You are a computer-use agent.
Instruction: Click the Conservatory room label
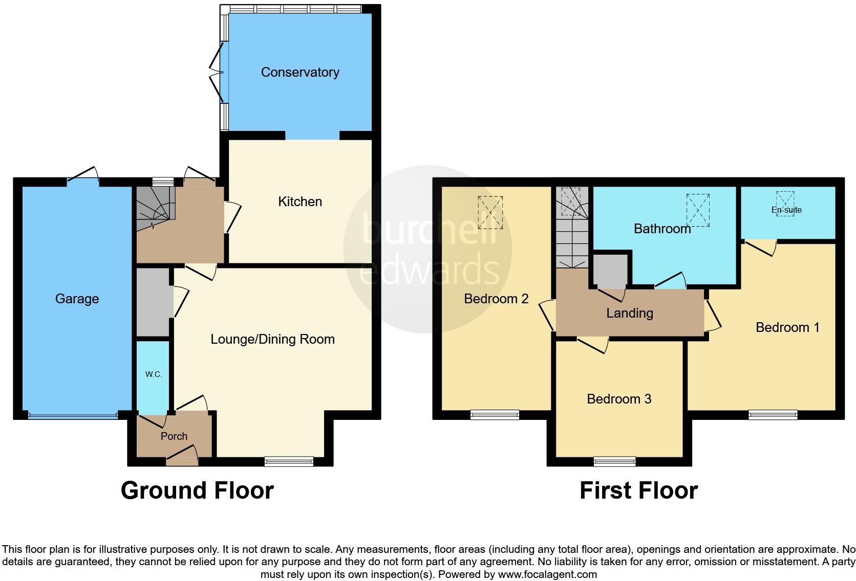(x=300, y=72)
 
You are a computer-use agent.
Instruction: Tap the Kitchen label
(x=300, y=202)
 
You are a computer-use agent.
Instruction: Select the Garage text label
(x=77, y=299)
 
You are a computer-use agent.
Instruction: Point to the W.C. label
(x=153, y=374)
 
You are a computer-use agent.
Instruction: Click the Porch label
(x=174, y=436)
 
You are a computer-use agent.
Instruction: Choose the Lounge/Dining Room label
(x=272, y=339)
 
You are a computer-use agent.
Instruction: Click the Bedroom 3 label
(x=619, y=399)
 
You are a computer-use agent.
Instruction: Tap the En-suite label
(x=786, y=210)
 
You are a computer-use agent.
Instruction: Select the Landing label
(x=630, y=313)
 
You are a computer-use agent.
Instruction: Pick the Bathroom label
(x=662, y=229)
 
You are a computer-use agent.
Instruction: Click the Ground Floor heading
(x=197, y=490)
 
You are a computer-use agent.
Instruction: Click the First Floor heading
(x=638, y=490)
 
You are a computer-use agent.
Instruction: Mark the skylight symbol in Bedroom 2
(x=490, y=212)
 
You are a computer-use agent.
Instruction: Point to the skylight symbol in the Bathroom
(x=698, y=210)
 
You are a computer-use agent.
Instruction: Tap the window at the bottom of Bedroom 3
(x=615, y=461)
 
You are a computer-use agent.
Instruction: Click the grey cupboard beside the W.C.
(x=152, y=302)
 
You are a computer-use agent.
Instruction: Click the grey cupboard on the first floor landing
(x=610, y=270)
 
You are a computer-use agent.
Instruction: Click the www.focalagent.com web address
(x=547, y=574)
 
